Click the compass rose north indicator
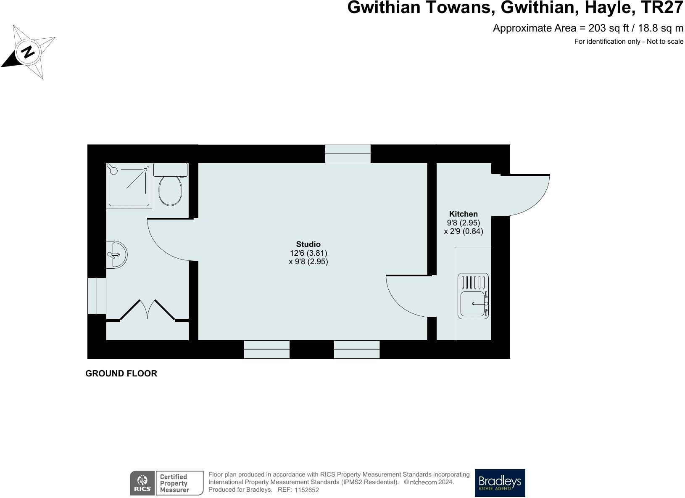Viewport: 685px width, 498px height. click(28, 52)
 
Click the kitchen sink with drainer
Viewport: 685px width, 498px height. click(473, 296)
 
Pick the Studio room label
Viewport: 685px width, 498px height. click(308, 244)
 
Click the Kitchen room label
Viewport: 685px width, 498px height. click(463, 214)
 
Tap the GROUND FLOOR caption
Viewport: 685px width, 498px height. click(121, 373)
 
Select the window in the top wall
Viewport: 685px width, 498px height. click(348, 154)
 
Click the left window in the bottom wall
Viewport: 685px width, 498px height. click(267, 350)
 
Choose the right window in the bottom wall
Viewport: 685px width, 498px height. click(357, 350)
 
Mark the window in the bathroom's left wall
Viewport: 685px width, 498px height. click(97, 296)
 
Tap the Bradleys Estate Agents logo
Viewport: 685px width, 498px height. click(500, 483)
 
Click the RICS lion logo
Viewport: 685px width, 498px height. click(142, 483)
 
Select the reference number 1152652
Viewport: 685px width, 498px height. click(307, 490)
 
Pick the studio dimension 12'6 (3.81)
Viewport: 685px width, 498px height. click(308, 253)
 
